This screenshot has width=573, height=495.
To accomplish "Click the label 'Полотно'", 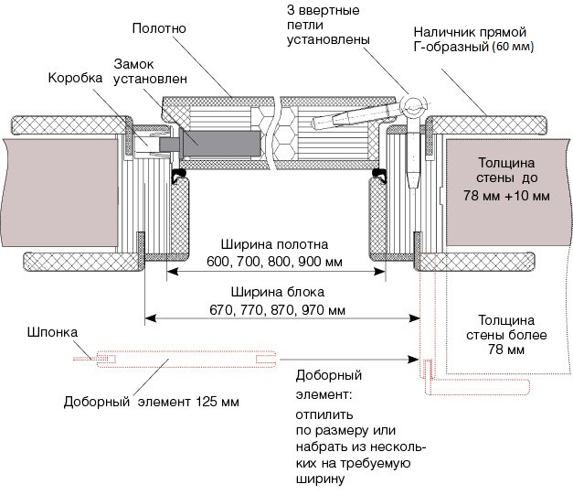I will [x=161, y=28].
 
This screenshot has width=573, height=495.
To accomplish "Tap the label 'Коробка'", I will [x=75, y=79].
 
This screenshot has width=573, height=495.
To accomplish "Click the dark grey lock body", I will [x=223, y=142].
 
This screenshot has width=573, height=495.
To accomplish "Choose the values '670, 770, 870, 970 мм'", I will [x=273, y=309].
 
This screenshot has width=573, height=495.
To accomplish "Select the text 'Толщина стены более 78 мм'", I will [x=507, y=335].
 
